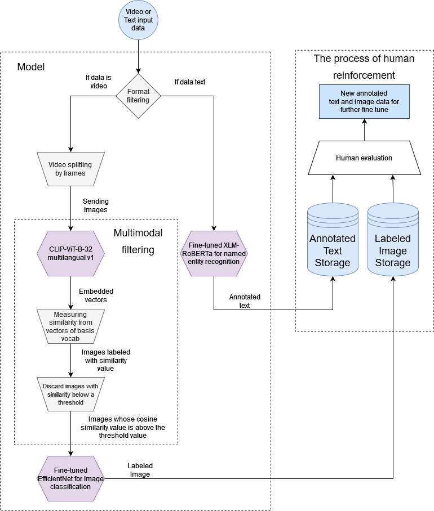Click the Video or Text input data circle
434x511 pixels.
pyautogui.click(x=138, y=20)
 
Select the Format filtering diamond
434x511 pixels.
pyautogui.click(x=138, y=96)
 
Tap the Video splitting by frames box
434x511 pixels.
pyautogui.click(x=70, y=169)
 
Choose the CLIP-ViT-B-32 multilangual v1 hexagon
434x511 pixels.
pyautogui.click(x=70, y=253)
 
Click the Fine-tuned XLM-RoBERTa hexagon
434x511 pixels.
pyautogui.click(x=214, y=253)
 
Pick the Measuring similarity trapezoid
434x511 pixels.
pyautogui.click(x=70, y=326)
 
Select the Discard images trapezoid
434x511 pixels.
pyautogui.click(x=70, y=394)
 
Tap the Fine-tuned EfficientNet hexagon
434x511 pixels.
pyautogui.click(x=70, y=478)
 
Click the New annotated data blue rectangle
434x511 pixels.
pyautogui.click(x=364, y=101)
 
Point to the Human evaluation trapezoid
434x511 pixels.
pyautogui.click(x=364, y=158)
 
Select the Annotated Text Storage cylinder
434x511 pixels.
pyautogui.click(x=333, y=248)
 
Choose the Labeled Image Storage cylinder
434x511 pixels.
pyautogui.click(x=393, y=248)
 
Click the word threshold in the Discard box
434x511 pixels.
pyautogui.click(x=71, y=402)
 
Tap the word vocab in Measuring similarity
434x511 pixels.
pyautogui.click(x=70, y=339)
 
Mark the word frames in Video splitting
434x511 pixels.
pyautogui.click(x=74, y=173)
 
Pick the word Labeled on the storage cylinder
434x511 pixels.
pyautogui.click(x=393, y=238)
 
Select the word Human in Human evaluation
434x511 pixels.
pyautogui.click(x=347, y=158)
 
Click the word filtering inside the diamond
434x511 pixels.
pyautogui.click(x=138, y=100)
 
